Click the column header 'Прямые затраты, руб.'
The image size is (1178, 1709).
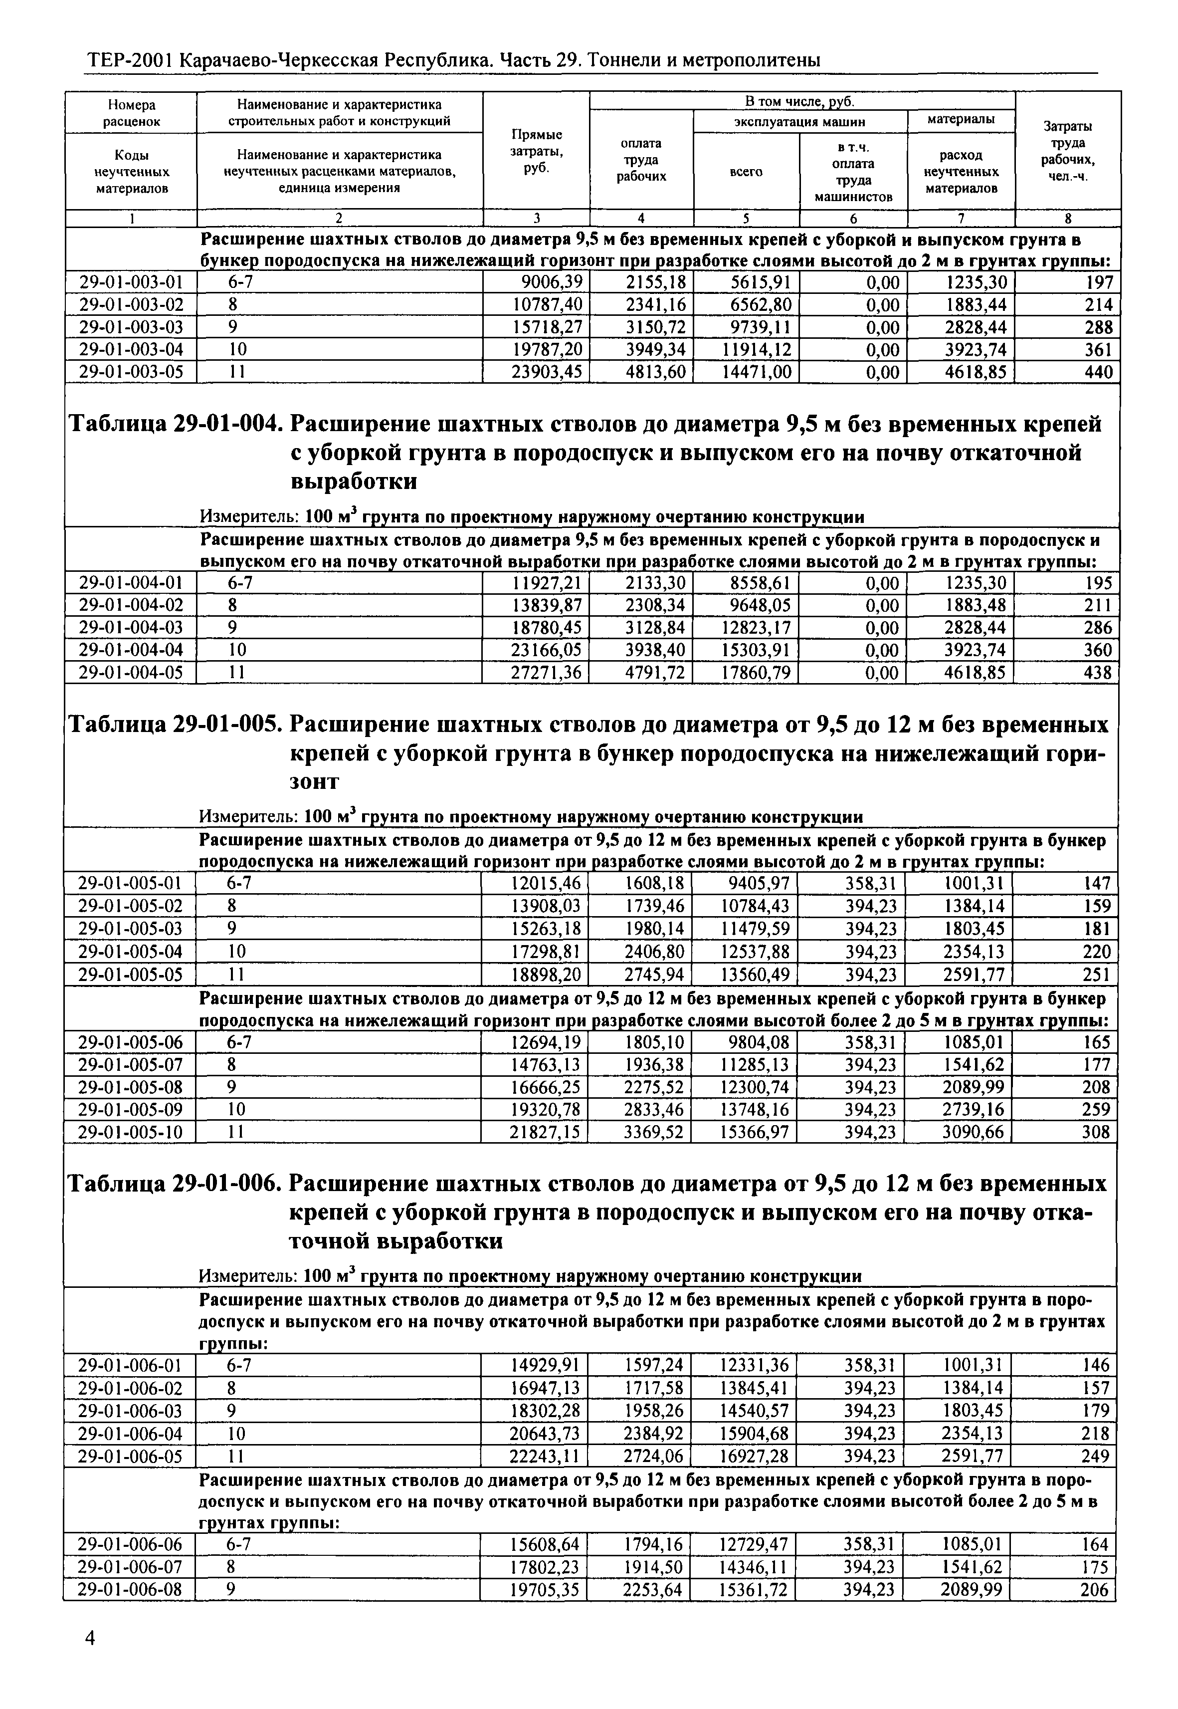click(x=537, y=151)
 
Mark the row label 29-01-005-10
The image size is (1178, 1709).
click(x=130, y=1132)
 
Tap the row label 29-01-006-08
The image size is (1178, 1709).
click(x=130, y=1589)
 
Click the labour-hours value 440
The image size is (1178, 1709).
click(x=1098, y=372)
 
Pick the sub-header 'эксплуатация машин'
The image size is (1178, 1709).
click(x=799, y=122)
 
